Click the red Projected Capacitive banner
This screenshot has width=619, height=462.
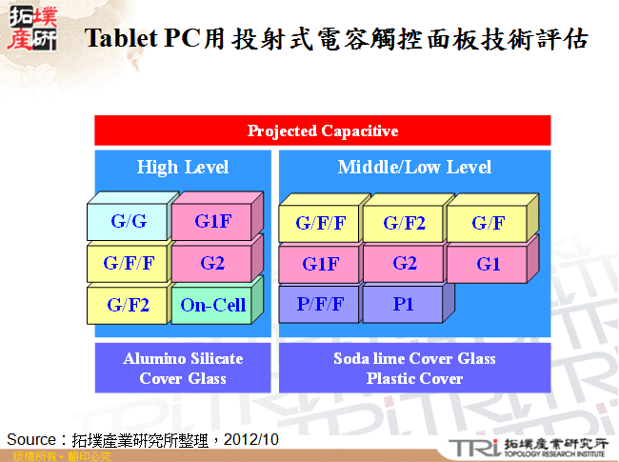coord(323,131)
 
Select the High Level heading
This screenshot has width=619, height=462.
coord(182,168)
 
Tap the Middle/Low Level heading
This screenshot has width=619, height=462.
coord(414,168)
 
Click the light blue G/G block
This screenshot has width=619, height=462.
coord(129,222)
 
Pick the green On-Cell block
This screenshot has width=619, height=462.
coord(212,306)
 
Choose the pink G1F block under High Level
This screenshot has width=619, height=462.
coord(212,222)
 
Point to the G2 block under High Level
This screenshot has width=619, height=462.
coord(212,263)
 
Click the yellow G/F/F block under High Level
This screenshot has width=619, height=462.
coord(129,264)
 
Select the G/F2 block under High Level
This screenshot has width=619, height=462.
coord(129,306)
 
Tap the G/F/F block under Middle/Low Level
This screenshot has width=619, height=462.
coord(320,224)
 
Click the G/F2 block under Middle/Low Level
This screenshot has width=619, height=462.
coord(404,224)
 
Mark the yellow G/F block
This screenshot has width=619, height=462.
coord(488,224)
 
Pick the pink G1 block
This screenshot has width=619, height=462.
coord(488,264)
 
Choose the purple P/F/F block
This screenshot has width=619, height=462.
coord(320,305)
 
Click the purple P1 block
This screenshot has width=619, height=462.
coord(404,305)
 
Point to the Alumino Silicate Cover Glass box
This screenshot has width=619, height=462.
coord(182,369)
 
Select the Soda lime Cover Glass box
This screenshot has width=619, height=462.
coord(414,369)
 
